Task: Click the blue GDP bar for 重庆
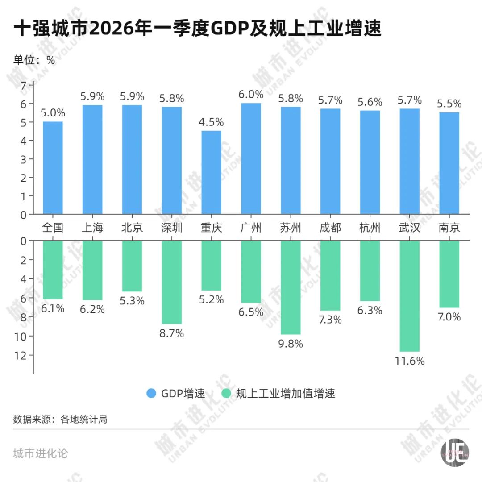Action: click(x=211, y=172)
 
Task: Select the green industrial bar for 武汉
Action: click(x=409, y=296)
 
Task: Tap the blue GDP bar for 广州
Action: click(x=251, y=158)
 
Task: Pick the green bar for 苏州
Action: click(x=291, y=287)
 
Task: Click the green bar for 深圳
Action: click(x=172, y=282)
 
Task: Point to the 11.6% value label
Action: click(x=409, y=361)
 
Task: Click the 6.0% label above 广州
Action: click(x=251, y=95)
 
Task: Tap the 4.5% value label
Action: click(x=211, y=122)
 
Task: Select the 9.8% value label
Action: click(x=291, y=344)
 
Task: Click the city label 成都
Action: click(x=330, y=228)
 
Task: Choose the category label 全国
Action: click(x=53, y=228)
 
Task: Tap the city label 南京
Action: click(x=449, y=228)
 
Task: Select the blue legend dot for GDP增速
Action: click(x=151, y=393)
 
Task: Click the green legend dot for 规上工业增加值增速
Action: click(x=226, y=393)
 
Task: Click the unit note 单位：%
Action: click(x=34, y=60)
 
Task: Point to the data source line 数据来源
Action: click(x=60, y=420)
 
